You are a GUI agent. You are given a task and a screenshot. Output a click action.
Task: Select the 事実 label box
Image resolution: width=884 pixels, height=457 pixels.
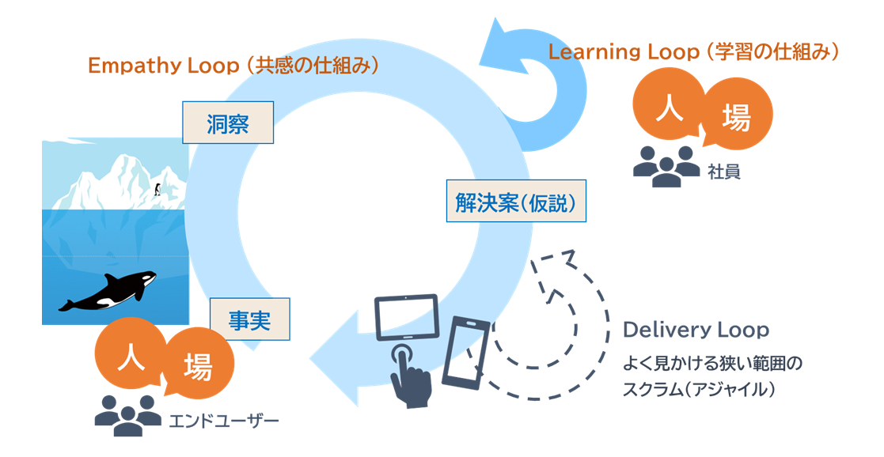pos(250,319)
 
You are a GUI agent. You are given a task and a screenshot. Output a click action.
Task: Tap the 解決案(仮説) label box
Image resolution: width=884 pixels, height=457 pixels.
pos(516,202)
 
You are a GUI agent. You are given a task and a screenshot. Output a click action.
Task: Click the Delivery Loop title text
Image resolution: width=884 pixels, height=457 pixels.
pos(696,330)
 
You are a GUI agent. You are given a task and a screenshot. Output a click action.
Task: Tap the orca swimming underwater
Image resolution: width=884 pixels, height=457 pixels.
pos(107,292)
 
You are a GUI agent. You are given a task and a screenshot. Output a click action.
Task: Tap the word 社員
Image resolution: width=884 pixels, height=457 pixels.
pos(724,171)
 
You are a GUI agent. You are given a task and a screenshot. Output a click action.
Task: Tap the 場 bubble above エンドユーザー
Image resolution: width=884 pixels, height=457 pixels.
pos(198,367)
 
